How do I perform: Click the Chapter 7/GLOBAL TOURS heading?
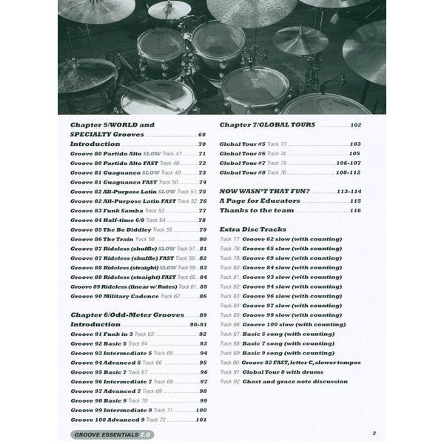tap(267, 125)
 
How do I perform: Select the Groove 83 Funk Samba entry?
tap(118, 210)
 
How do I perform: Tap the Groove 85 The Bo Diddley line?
tap(118, 229)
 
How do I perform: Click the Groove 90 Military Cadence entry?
tap(125, 296)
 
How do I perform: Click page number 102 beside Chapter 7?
tap(356, 125)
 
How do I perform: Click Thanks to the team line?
tap(255, 210)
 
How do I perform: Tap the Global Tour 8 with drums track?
tap(289, 372)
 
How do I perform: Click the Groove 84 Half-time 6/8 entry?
tap(118, 220)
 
